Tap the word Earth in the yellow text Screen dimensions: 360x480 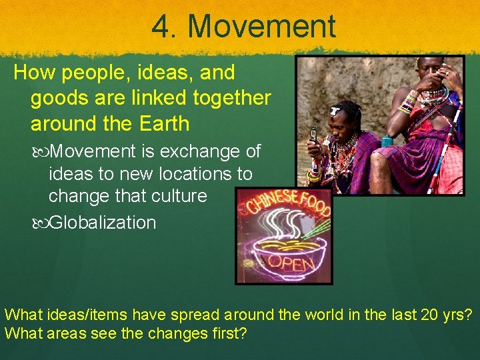[x=166, y=123]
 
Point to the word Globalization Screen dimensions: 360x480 [x=103, y=222]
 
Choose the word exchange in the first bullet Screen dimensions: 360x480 [x=198, y=151]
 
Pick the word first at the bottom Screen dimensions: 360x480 [x=225, y=333]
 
